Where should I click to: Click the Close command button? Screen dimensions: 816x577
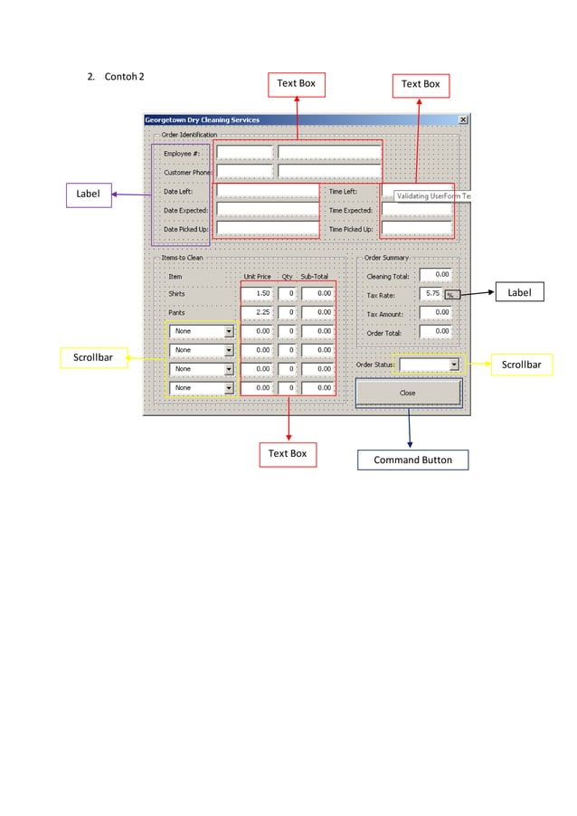408,393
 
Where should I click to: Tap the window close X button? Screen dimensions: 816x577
463,119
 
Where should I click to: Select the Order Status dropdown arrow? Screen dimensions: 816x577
454,365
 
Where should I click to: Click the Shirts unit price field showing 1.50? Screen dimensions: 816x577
258,294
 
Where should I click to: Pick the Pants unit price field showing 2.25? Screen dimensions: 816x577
258,312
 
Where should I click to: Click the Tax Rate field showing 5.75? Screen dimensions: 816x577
431,294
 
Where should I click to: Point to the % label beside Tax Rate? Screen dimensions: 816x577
450,295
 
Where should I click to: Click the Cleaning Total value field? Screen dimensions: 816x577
435,274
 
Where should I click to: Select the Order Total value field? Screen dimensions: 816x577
435,331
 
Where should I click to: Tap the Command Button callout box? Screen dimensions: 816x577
412,460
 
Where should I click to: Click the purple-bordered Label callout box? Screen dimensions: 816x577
88,194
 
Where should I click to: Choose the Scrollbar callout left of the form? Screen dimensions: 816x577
92,359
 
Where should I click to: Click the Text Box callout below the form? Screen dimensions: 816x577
288,452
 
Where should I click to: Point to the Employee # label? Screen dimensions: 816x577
182,154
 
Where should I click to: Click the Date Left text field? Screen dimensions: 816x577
268,191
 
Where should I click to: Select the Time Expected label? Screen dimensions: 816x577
351,210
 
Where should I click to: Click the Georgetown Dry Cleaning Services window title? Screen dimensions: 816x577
203,119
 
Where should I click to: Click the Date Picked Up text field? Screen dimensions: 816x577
268,229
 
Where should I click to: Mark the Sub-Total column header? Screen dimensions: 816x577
315,276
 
